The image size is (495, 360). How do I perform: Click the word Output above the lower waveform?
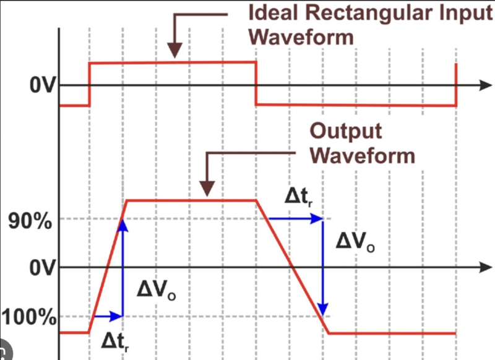pyautogui.click(x=345, y=131)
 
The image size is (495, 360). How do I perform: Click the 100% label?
pyautogui.click(x=29, y=319)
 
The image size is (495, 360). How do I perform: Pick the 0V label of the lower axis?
pyautogui.click(x=43, y=269)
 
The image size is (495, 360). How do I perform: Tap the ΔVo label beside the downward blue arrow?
pyautogui.click(x=355, y=241)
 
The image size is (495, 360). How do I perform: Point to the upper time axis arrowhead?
pyautogui.click(x=483, y=85)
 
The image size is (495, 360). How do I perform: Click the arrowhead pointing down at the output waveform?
pyautogui.click(x=208, y=188)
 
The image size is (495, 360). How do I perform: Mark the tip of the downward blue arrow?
pyautogui.click(x=323, y=309)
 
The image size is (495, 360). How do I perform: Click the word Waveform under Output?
pyautogui.click(x=362, y=155)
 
